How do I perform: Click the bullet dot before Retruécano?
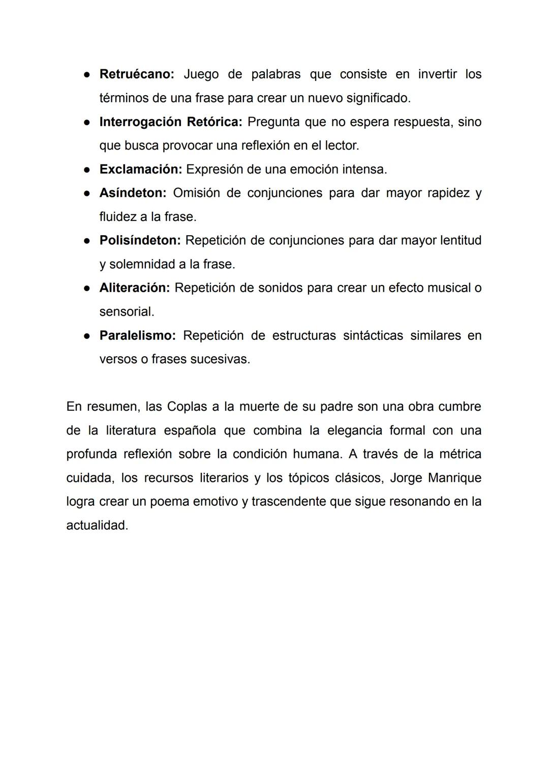(87, 75)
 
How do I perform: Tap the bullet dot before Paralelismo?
(87, 336)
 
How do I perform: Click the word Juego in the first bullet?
(201, 74)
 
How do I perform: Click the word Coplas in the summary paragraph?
(187, 407)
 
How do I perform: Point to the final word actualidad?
(97, 526)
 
